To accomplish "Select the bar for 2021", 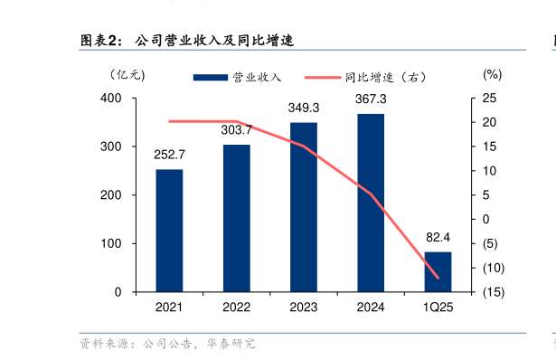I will (169, 231).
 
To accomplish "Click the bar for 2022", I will (237, 218).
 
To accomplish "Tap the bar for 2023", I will (304, 207).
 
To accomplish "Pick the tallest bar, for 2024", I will (371, 203).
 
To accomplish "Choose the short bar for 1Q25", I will (438, 271).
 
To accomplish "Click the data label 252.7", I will (169, 156).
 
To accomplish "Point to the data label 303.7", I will (237, 130).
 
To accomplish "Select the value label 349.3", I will (304, 108).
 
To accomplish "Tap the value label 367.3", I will (371, 99).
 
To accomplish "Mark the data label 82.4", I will (438, 238).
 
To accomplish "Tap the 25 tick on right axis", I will (489, 98).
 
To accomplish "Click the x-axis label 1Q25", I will (438, 308).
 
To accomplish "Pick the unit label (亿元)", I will (126, 75).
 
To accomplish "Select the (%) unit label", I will (492, 75).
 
